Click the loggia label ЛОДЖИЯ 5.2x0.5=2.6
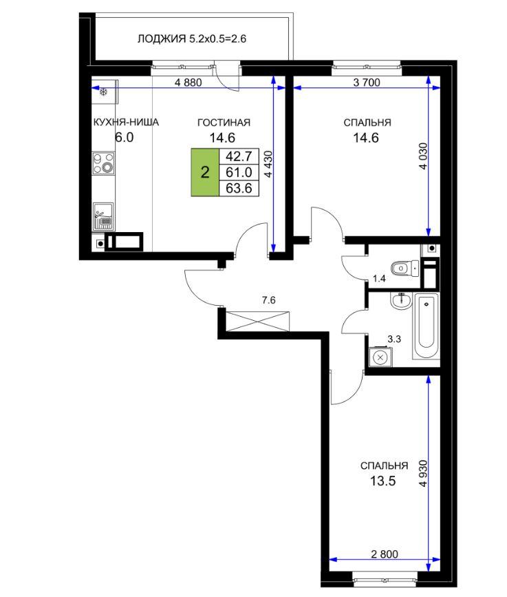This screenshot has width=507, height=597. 192,39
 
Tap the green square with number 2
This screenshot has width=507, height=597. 205,172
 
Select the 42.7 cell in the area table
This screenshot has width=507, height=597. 239,156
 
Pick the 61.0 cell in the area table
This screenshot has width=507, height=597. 239,172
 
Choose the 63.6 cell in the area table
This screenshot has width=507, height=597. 239,189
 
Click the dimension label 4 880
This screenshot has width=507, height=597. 188,82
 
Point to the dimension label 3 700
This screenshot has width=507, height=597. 367,82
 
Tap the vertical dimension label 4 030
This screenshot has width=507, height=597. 423,156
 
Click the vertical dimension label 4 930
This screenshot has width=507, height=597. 423,474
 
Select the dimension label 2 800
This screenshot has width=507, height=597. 385,554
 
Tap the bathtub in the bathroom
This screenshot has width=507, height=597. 426,326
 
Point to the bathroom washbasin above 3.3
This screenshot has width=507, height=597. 400,301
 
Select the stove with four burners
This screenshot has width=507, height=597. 103,163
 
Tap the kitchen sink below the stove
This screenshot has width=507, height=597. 103,217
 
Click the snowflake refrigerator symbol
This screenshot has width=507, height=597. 103,92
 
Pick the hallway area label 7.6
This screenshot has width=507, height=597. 268,300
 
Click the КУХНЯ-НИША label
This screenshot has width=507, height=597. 126,122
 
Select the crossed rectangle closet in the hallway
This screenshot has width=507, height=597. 257,321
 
